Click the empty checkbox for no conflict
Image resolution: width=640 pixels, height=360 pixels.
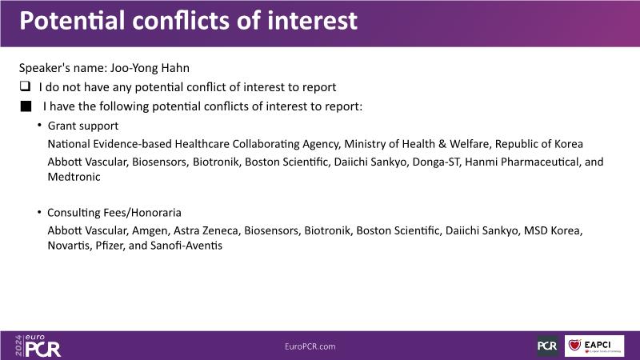(x=26, y=86)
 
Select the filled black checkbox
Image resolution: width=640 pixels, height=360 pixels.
(x=26, y=106)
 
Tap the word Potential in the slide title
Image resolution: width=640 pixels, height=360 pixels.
(x=72, y=21)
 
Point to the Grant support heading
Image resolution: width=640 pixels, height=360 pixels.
(x=83, y=126)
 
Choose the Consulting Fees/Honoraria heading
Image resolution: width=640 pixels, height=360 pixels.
(x=114, y=212)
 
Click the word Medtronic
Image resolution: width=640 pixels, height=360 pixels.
(x=74, y=177)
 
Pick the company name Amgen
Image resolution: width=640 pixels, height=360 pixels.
(x=150, y=230)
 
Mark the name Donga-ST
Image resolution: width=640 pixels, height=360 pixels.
(x=435, y=162)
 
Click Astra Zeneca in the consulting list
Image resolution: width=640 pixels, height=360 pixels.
(x=206, y=230)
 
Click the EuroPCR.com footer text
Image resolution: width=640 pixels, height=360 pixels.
(x=310, y=346)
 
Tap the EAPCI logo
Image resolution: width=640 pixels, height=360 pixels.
(x=594, y=346)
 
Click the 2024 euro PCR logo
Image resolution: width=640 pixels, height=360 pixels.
(x=38, y=346)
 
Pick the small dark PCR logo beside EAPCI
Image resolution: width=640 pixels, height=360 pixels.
(x=547, y=346)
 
